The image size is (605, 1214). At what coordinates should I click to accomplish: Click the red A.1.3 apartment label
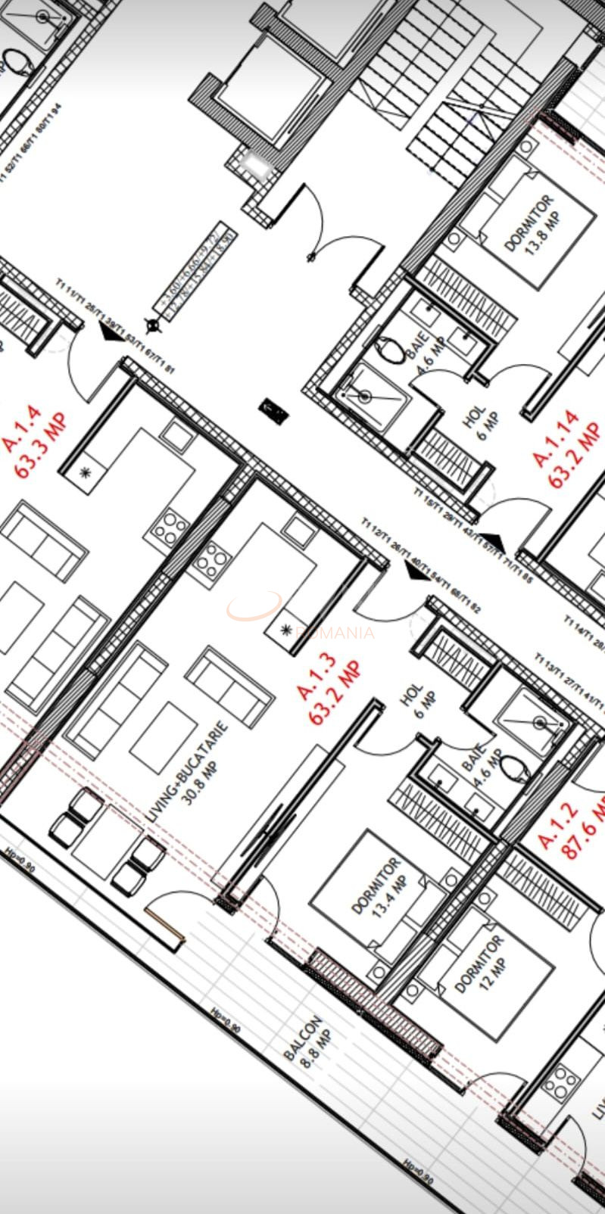pyautogui.click(x=328, y=692)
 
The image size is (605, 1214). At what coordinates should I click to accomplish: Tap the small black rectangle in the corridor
pyautogui.click(x=273, y=411)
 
